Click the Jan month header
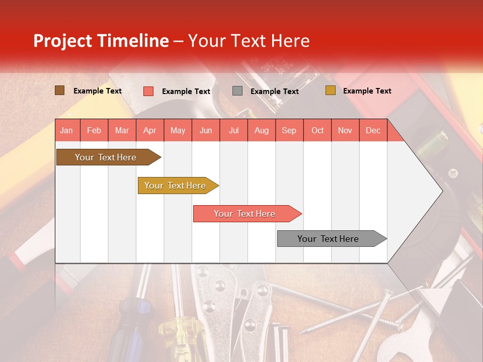point(66,130)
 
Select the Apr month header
point(149,130)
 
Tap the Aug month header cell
point(261,130)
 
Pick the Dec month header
point(373,130)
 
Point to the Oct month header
point(317,130)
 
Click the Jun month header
point(205,130)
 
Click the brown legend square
point(59,90)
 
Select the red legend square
point(148,91)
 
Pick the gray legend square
point(237,91)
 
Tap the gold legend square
point(330,90)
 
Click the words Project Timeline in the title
point(101,41)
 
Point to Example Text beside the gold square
point(367,91)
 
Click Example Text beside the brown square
point(97,91)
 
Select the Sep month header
point(289,130)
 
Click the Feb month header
point(94,130)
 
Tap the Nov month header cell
point(345,130)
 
